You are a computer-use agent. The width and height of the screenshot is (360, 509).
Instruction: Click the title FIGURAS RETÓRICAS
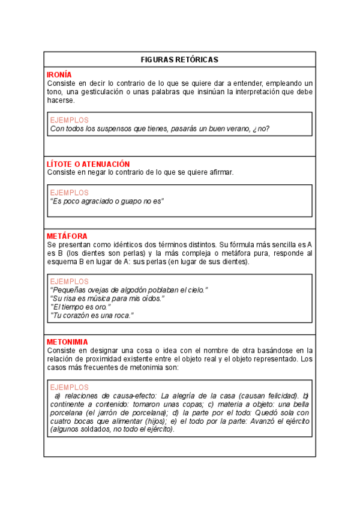click(179, 59)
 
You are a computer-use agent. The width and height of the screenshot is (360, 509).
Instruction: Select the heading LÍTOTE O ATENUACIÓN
click(88, 164)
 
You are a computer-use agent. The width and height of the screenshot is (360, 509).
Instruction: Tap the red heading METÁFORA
click(67, 236)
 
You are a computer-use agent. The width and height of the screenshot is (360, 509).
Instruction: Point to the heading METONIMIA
click(67, 342)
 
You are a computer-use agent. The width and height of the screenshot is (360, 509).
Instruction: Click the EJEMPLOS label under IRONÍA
click(69, 120)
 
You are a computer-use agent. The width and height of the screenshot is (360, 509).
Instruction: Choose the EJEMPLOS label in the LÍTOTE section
click(69, 193)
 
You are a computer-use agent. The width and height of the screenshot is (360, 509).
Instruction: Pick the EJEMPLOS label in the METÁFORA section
click(69, 282)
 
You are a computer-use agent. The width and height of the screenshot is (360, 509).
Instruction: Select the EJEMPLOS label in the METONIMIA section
click(69, 388)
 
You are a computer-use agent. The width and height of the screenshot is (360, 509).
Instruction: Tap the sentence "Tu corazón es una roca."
click(92, 315)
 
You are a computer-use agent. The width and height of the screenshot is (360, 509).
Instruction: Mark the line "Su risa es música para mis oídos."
click(107, 298)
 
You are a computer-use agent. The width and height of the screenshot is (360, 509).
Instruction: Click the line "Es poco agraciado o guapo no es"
click(107, 201)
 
